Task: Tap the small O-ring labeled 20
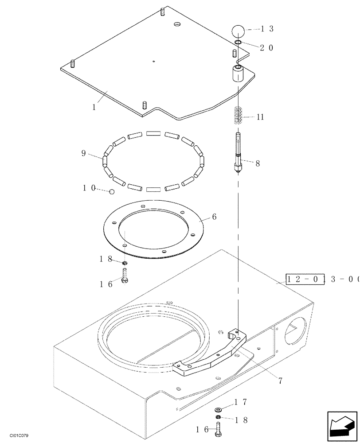tap(238, 43)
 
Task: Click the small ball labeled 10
tap(112, 191)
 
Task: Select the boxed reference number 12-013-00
tap(322, 280)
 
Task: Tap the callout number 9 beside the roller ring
tap(83, 153)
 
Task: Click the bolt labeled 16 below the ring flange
tap(125, 279)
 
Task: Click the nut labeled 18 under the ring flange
tap(125, 264)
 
